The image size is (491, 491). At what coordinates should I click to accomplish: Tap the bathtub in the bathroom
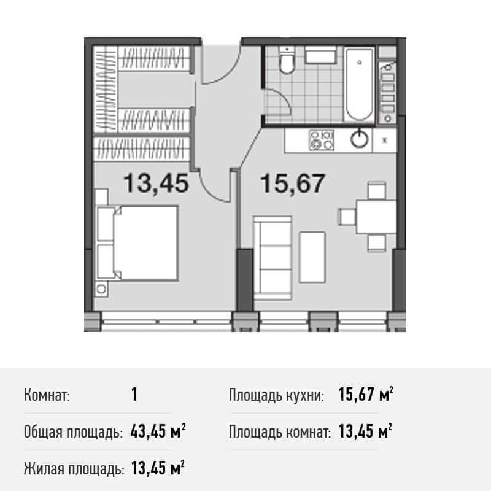pyautogui.click(x=359, y=85)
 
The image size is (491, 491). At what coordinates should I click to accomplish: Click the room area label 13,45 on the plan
pyautogui.click(x=155, y=183)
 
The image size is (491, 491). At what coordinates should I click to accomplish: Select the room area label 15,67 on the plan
pyautogui.click(x=292, y=183)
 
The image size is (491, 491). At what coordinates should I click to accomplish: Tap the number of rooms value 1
pyautogui.click(x=134, y=394)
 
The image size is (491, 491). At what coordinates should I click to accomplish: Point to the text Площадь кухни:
pyautogui.click(x=277, y=395)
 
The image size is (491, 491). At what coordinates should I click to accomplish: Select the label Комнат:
pyautogui.click(x=46, y=395)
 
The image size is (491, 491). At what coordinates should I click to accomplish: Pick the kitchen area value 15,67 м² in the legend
pyautogui.click(x=366, y=395)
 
